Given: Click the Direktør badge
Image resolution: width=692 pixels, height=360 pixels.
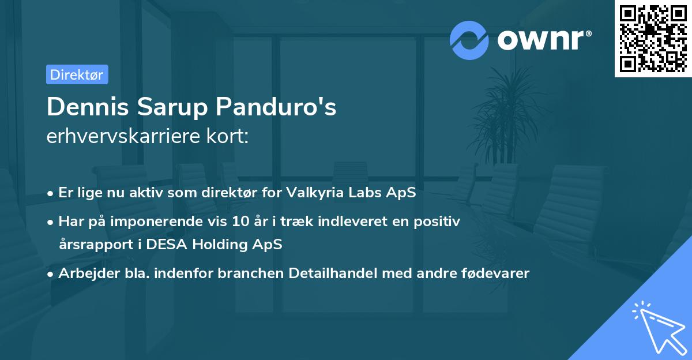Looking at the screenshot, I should point(77,74).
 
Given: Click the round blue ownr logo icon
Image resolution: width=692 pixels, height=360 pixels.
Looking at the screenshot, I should point(469,40).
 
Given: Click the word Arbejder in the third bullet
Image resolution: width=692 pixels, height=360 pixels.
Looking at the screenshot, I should point(84,273).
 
